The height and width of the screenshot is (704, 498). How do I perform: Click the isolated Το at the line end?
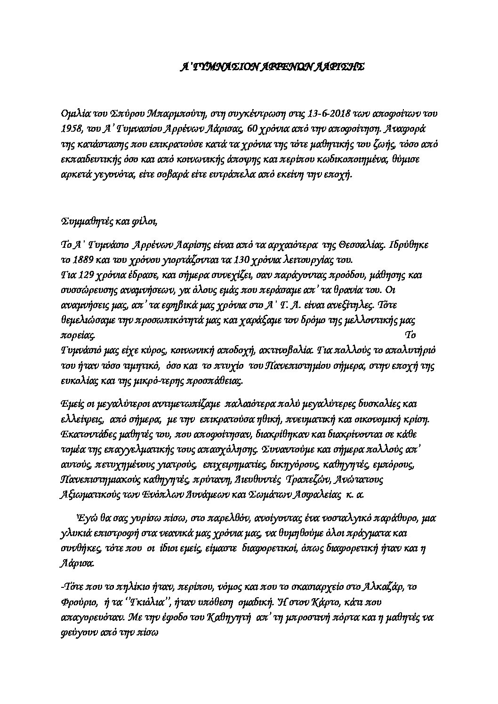pyautogui.click(x=410, y=335)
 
